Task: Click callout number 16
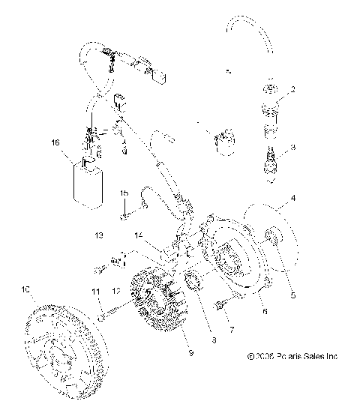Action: [54, 141]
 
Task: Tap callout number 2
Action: [293, 89]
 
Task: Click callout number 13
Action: [97, 235]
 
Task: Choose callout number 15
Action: [145, 193]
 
